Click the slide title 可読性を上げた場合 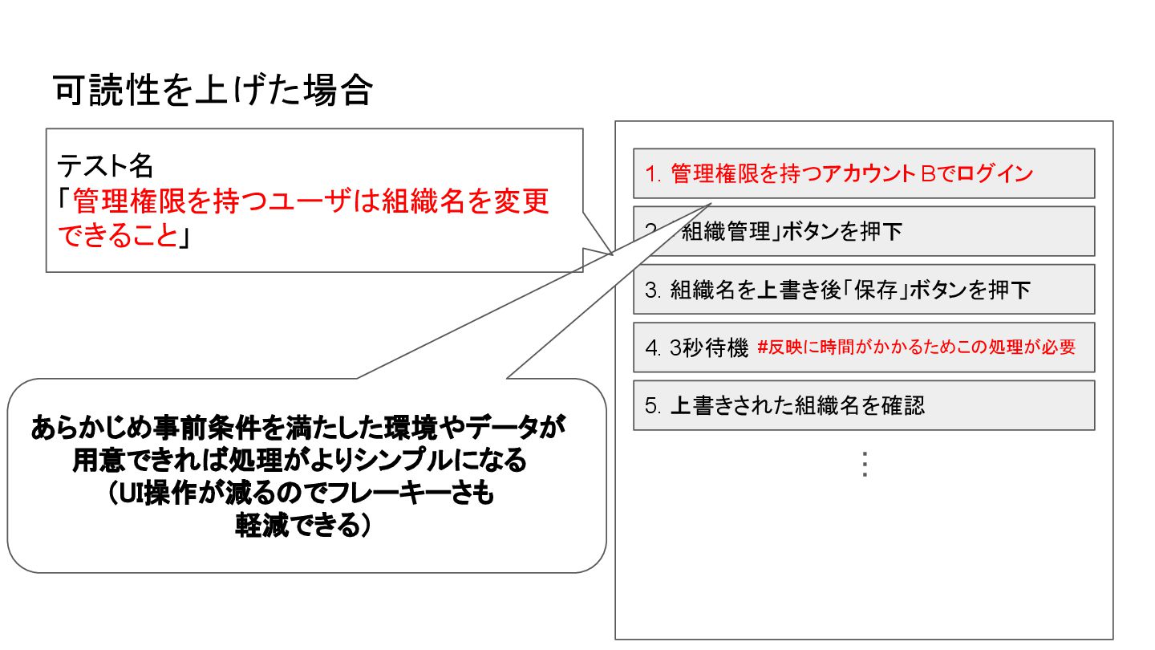[213, 91]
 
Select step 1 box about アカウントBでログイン [863, 173]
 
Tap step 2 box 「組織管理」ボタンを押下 [863, 232]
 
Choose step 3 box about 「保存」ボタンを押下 [863, 290]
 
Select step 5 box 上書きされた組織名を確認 [863, 405]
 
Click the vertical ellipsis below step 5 [864, 465]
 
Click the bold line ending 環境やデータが [298, 428]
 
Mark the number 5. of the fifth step [653, 405]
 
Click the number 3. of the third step [653, 290]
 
